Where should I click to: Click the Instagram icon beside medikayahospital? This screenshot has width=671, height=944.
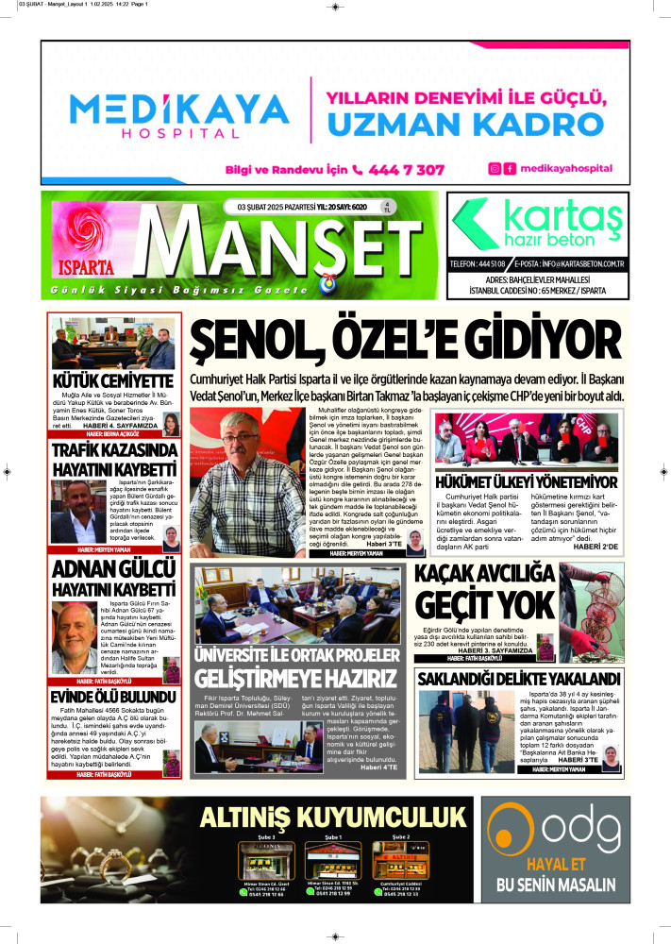click(x=494, y=169)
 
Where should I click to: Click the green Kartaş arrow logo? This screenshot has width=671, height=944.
click(x=478, y=226)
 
